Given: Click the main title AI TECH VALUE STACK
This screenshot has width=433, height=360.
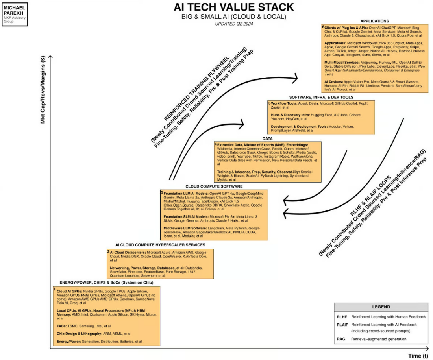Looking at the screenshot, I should coord(233,7).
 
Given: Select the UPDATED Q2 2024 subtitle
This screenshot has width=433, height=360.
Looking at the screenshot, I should coord(234,24).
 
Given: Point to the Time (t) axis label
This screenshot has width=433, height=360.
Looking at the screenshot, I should coord(418,356).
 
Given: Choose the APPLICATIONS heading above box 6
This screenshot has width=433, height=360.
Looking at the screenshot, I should coord(374,21).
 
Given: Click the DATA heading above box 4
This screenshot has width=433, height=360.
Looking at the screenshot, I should coord(267,138).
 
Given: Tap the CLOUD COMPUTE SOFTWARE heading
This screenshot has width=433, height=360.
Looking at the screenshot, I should coord(214,186).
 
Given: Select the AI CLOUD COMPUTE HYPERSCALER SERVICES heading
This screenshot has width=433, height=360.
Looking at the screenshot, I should coord(160,245).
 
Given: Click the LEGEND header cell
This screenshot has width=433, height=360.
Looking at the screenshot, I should coord(381,307).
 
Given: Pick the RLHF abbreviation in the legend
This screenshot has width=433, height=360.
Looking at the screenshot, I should coord(341,317).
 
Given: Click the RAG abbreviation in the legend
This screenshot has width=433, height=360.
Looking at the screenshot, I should coord(340,339).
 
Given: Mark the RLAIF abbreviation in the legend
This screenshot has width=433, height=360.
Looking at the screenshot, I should coord(342,325).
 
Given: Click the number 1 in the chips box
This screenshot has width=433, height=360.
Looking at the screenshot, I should coord(55,289).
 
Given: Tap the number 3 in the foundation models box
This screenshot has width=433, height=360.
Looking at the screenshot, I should coord(162,192).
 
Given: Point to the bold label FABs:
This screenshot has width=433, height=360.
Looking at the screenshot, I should coord(62,326).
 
